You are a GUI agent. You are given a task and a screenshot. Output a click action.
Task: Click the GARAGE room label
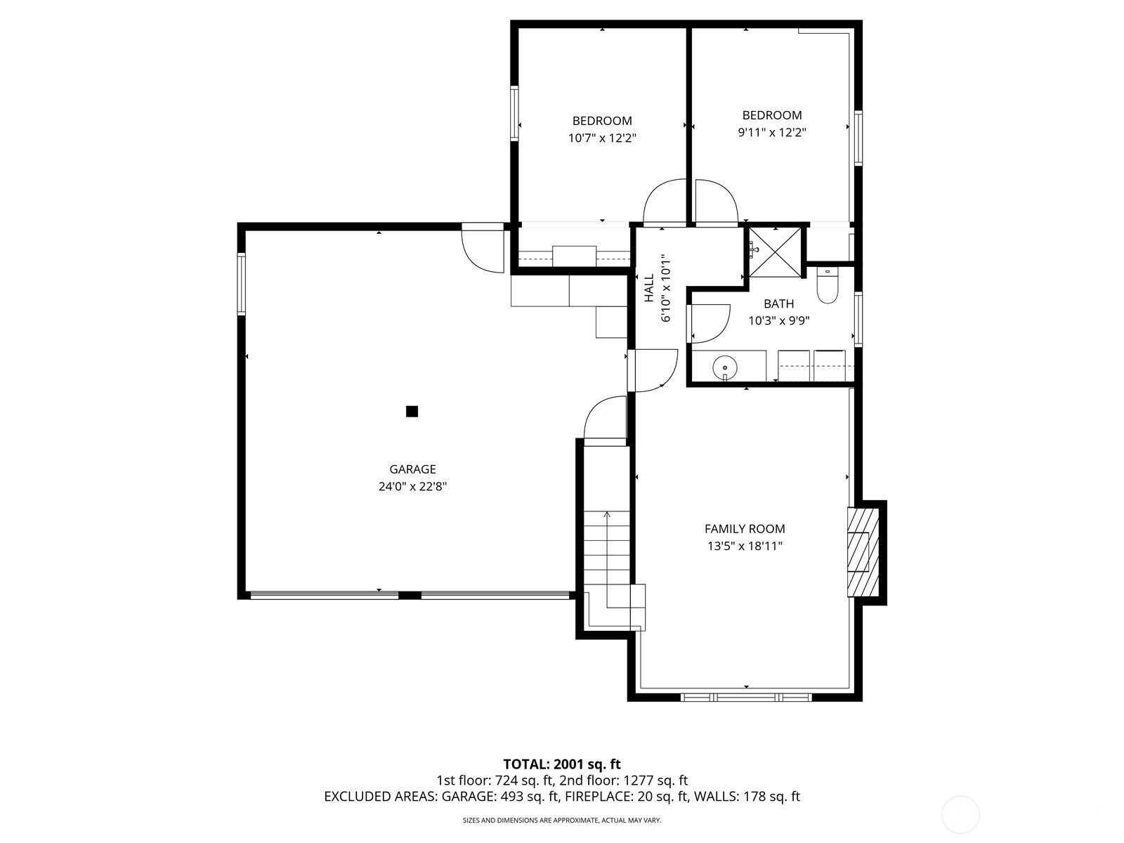(412, 469)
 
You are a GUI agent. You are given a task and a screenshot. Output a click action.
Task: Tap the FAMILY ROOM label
(745, 529)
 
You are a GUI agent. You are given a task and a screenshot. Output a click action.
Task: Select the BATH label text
(778, 303)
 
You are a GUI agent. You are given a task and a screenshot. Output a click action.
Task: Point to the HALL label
(649, 287)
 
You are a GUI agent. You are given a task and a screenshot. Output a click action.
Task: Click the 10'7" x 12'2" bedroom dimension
(601, 138)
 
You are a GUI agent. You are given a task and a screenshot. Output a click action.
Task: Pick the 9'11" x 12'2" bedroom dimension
(771, 132)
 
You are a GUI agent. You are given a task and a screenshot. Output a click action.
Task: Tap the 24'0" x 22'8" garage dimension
(412, 486)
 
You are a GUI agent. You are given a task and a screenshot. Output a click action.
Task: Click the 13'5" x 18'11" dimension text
(745, 546)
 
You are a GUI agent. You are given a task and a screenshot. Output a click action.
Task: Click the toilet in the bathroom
(826, 285)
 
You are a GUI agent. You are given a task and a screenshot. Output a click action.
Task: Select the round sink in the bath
(725, 367)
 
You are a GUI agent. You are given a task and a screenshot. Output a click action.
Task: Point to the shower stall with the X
(775, 251)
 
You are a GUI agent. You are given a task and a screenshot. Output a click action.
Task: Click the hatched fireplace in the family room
(863, 551)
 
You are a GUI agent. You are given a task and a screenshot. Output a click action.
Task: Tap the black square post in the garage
(412, 412)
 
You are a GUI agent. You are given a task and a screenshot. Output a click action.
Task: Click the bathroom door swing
(708, 323)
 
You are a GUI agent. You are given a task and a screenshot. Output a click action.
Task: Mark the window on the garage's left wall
(241, 284)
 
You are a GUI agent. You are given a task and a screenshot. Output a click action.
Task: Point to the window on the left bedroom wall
(514, 113)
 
